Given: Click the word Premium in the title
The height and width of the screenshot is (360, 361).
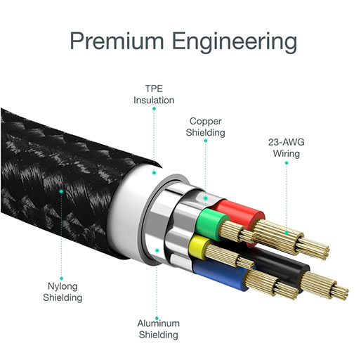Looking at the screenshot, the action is pos(117,41).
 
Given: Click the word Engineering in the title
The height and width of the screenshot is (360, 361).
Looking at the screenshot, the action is pos(235,43).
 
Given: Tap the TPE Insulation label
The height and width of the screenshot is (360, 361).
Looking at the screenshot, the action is pos(154,94).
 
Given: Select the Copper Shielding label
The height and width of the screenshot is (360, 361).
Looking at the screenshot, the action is pos(206,127).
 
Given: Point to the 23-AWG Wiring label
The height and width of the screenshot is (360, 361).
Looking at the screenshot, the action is pos(287,148).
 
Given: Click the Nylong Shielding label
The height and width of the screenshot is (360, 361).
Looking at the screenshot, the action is pos(63,292).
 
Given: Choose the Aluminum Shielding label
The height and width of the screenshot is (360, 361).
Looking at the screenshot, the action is pos(159,329).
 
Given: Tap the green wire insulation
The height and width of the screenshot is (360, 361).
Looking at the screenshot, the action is pos(212,224).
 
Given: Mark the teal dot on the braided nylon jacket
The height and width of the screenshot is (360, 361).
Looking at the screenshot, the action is pos(61,191).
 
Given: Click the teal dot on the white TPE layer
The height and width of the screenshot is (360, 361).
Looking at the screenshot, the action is pos(154,173).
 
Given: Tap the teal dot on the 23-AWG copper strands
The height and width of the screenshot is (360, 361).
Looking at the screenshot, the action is pos(287,233).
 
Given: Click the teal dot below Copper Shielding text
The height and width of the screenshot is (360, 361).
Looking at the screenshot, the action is pos(206,141).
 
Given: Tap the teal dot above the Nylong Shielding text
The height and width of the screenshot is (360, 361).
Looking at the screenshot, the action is pos(61,278).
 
